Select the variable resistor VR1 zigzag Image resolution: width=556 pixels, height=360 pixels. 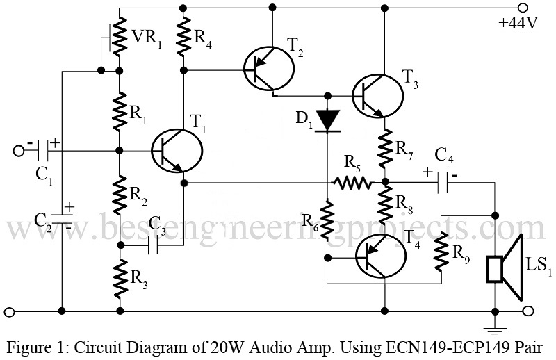pos(120,39)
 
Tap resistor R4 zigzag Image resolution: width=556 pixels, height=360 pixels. pos(184,39)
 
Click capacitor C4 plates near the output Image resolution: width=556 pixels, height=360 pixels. pos(442,183)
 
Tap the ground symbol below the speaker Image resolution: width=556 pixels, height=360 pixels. pos(494,321)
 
